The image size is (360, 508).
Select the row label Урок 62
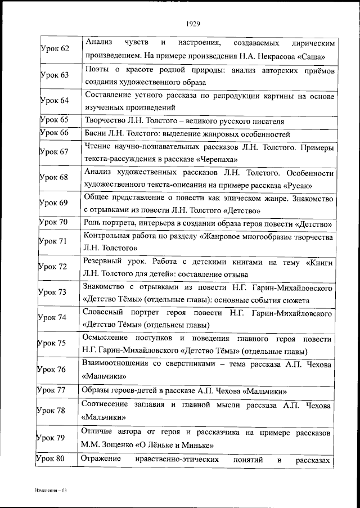pos(55,49)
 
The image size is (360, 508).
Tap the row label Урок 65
pos(55,120)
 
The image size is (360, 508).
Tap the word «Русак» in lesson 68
pos(299,185)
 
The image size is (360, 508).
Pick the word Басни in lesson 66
pos(95,134)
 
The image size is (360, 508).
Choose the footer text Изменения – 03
pos(50,491)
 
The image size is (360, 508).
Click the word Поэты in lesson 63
pos(97,70)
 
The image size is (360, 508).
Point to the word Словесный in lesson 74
pos(102,312)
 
